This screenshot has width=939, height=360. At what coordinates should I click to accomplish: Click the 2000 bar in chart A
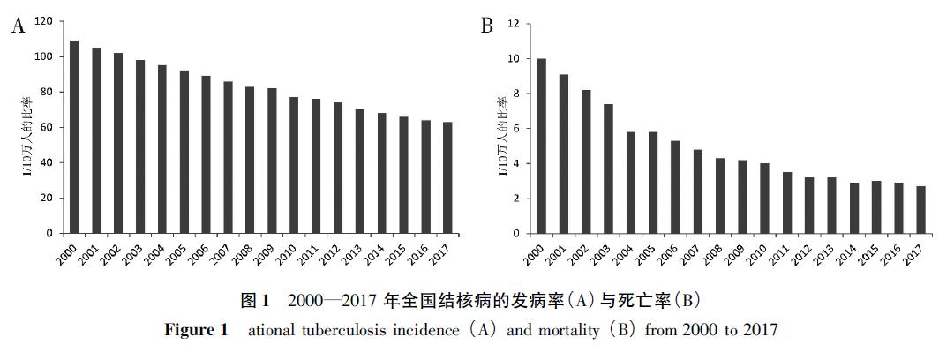click(74, 137)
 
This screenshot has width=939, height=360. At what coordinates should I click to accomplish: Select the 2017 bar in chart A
click(448, 177)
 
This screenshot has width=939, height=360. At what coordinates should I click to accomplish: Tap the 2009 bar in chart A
click(273, 161)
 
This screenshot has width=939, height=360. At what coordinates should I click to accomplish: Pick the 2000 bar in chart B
click(541, 146)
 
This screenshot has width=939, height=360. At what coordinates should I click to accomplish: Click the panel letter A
click(17, 25)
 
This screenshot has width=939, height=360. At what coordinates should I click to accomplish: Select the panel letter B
click(486, 25)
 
